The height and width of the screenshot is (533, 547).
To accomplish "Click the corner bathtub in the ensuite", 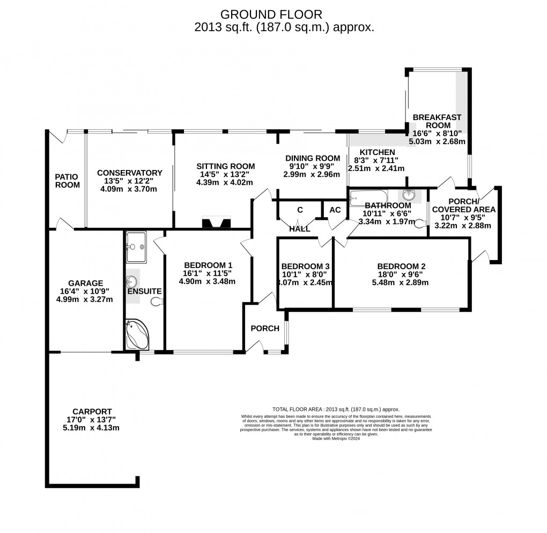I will [x=137, y=335].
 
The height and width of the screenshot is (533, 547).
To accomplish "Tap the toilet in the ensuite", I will [x=156, y=303].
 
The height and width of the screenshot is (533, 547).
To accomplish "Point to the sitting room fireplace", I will [x=216, y=222].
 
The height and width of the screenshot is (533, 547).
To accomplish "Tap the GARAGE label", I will [x=85, y=283].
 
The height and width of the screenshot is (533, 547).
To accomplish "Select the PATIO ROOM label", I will [x=67, y=181].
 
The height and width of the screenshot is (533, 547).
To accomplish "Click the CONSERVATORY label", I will [x=129, y=173].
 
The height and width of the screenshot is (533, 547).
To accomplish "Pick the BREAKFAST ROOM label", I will [x=437, y=121].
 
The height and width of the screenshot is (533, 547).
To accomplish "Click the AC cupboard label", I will [x=335, y=210].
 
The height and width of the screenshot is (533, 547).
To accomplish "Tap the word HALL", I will [x=300, y=229].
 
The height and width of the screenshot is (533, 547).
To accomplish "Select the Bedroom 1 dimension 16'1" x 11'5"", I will [x=208, y=273].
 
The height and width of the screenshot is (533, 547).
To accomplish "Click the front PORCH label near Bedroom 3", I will [x=265, y=329].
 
